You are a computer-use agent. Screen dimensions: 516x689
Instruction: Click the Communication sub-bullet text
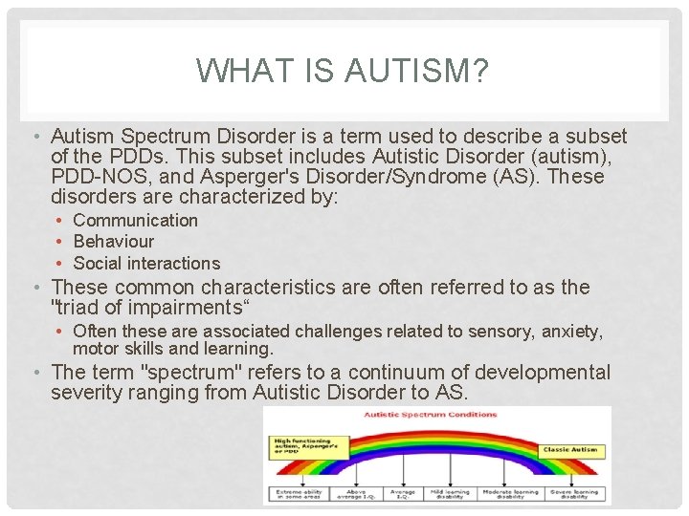[x=135, y=220]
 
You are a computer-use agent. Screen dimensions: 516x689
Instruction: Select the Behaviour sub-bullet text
[x=113, y=242]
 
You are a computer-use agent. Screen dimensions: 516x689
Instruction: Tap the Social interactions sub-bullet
[x=146, y=263]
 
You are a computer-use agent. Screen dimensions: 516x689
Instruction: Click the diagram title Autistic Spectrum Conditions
[x=431, y=415]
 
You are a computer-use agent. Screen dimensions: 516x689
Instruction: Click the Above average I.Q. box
[x=354, y=494]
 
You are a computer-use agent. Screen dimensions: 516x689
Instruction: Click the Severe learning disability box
[x=575, y=494]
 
